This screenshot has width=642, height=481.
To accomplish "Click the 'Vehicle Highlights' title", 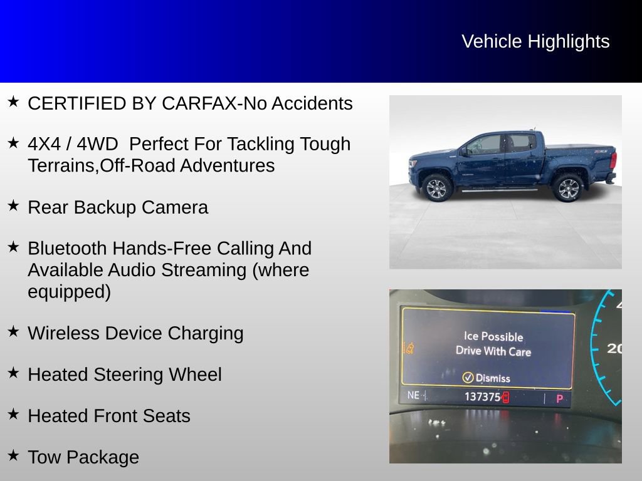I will [x=535, y=41].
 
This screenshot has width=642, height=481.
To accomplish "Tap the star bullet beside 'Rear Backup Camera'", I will [x=13, y=205].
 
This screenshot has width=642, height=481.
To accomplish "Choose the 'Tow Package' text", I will [x=83, y=457].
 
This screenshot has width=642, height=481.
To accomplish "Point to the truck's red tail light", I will [x=613, y=160].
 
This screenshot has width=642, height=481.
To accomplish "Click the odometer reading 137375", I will [x=482, y=397].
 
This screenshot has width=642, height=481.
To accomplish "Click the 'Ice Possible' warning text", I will [x=493, y=336].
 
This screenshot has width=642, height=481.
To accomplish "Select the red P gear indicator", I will [x=559, y=398].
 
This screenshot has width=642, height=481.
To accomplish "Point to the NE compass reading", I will [x=413, y=395].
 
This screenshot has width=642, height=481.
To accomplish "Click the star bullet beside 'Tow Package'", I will [x=13, y=455].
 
